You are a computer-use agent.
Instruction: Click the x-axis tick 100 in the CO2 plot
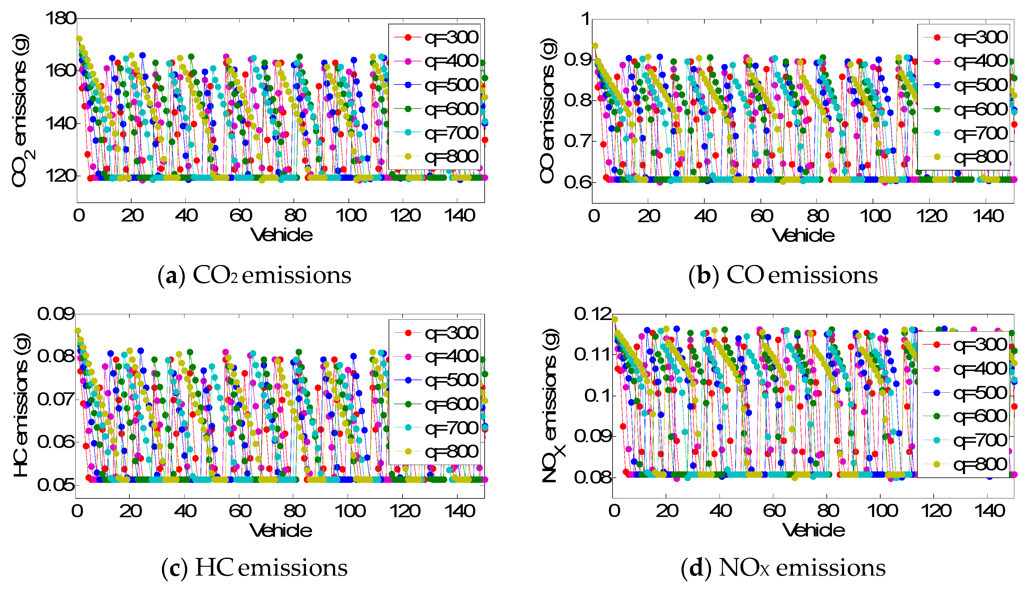pyautogui.click(x=351, y=215)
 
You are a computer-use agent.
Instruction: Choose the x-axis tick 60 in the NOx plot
pyautogui.click(x=774, y=511)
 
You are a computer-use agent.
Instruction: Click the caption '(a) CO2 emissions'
pyautogui.click(x=254, y=276)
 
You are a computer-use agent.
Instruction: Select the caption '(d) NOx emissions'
pyautogui.click(x=783, y=568)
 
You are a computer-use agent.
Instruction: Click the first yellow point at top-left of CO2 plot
pyautogui.click(x=79, y=39)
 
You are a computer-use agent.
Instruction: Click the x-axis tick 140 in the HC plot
pyautogui.click(x=459, y=511)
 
